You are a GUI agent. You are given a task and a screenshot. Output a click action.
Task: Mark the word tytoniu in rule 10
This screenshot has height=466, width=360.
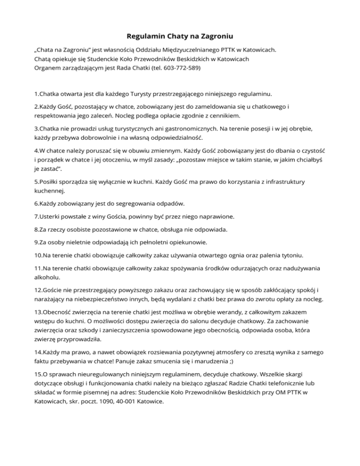290,256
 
